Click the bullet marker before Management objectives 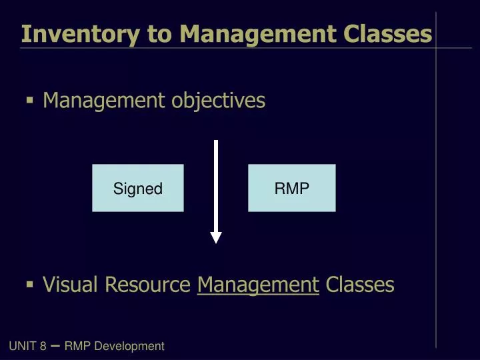point(29,101)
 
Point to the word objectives point(218,101)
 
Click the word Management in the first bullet point(103,101)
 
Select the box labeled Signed point(138,188)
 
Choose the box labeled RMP point(292,188)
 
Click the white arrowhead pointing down point(216,237)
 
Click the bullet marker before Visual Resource point(29,285)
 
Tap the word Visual point(69,285)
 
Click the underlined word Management point(258,285)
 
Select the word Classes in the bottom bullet point(360,285)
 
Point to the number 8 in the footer point(43,346)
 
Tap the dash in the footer point(55,345)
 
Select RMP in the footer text point(77,346)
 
